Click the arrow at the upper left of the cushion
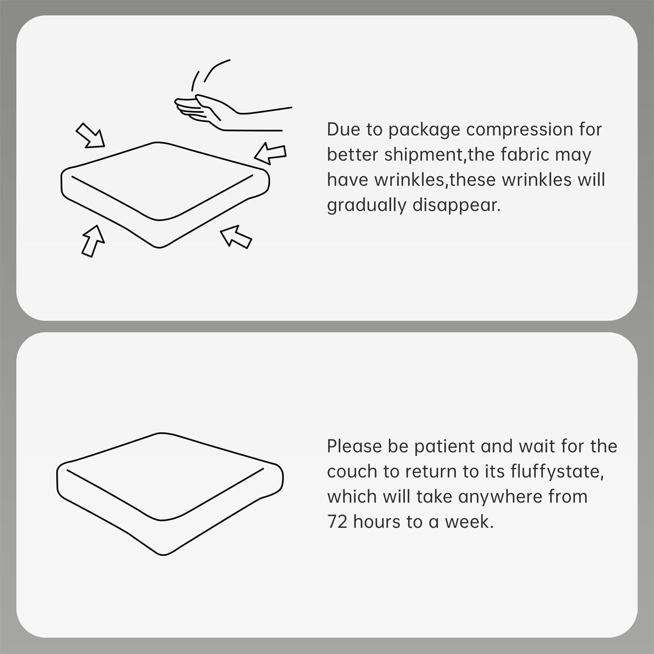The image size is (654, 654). click(x=91, y=135)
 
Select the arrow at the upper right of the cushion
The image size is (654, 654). click(x=270, y=153)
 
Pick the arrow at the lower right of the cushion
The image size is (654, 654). click(x=236, y=237)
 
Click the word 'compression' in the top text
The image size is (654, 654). click(x=520, y=130)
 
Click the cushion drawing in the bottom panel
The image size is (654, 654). click(x=170, y=494)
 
